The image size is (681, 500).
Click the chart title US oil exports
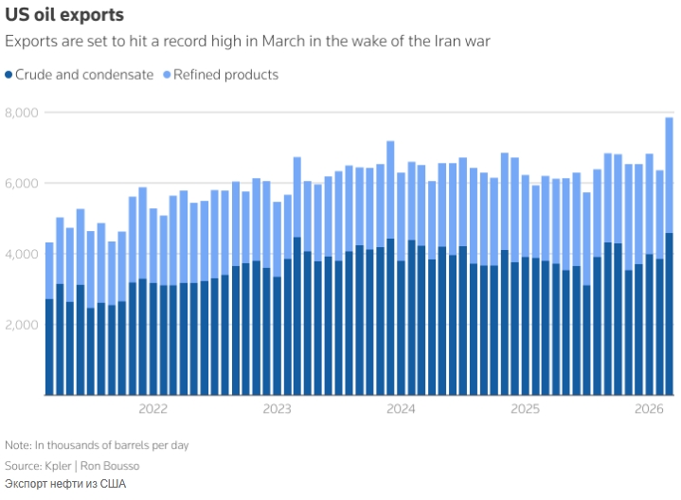pyautogui.click(x=63, y=16)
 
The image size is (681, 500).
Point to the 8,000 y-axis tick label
pyautogui.click(x=22, y=113)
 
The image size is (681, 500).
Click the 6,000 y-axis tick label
pyautogui.click(x=22, y=183)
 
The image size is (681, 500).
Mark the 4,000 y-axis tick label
pyautogui.click(x=22, y=254)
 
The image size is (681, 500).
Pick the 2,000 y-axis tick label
pyautogui.click(x=22, y=325)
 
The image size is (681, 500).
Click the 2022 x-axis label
pyautogui.click(x=152, y=409)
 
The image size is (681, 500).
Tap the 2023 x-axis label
pyautogui.click(x=277, y=409)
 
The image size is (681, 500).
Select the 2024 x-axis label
pyautogui.click(x=401, y=409)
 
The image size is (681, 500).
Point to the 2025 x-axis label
pyautogui.click(x=525, y=409)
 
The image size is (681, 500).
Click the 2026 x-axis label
pyautogui.click(x=649, y=409)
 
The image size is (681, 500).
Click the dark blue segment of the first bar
pyautogui.click(x=49, y=347)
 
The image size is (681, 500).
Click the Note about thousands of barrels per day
pyautogui.click(x=101, y=445)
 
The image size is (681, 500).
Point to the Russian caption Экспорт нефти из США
pyautogui.click(x=64, y=484)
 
